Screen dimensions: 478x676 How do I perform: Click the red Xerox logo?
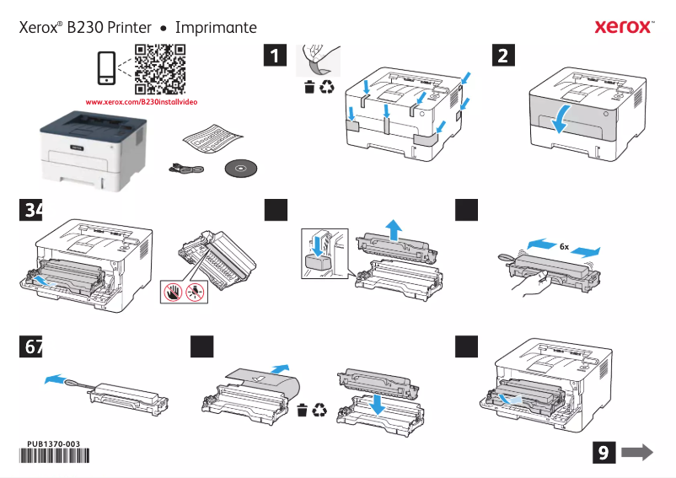click(x=623, y=27)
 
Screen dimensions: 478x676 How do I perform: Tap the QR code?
click(x=160, y=68)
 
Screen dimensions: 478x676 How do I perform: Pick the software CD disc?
click(x=243, y=169)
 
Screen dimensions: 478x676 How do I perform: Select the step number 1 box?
click(x=274, y=56)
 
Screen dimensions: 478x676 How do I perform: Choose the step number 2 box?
click(x=503, y=56)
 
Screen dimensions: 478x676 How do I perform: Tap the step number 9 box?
click(x=603, y=453)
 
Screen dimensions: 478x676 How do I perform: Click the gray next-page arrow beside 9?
click(x=637, y=453)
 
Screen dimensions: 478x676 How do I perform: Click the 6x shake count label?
click(x=564, y=247)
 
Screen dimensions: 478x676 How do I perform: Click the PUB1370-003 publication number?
click(x=53, y=444)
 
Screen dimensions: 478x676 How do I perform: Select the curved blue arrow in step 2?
click(x=560, y=119)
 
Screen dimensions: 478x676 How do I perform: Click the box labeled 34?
click(x=30, y=211)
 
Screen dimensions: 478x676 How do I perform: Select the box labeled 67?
click(x=30, y=347)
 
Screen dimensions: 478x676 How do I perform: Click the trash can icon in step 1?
click(x=309, y=86)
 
